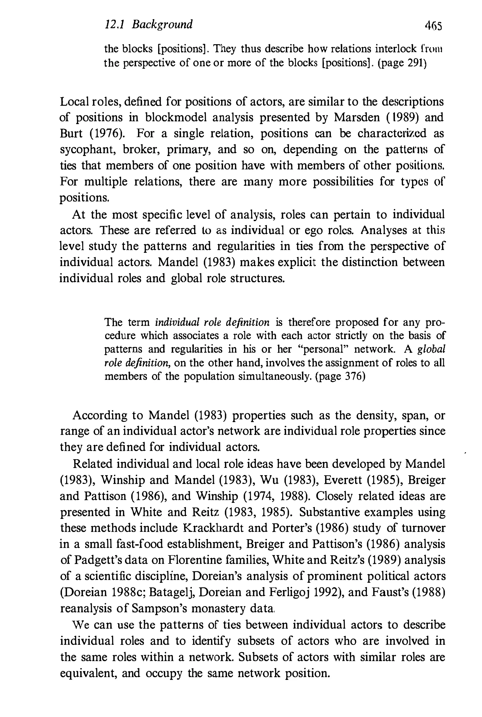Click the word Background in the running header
pyautogui.click(x=162, y=24)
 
